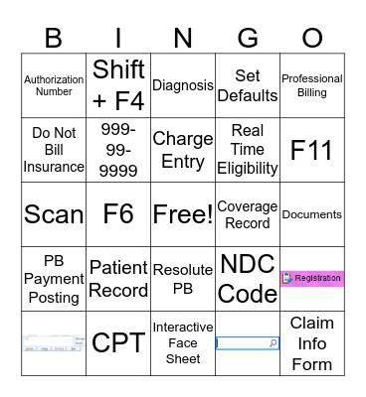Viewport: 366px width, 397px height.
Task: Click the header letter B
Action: (x=54, y=38)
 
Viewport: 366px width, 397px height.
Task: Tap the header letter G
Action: (x=248, y=38)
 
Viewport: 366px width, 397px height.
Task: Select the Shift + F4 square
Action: (x=118, y=85)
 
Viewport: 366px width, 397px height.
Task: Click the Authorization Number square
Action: (x=54, y=85)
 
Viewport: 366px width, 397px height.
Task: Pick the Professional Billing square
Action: (x=312, y=85)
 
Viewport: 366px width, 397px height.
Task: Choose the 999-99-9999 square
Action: (x=118, y=149)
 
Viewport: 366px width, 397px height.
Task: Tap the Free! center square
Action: (x=183, y=213)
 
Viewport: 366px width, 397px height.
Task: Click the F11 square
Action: (x=312, y=149)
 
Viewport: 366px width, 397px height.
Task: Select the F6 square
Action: (x=118, y=213)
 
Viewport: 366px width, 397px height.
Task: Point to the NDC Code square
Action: (x=248, y=279)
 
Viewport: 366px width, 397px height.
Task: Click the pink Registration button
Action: (x=312, y=279)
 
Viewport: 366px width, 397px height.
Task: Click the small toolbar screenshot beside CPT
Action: (x=54, y=343)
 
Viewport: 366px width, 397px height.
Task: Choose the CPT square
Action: (x=118, y=343)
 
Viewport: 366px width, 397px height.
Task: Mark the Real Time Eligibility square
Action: (x=248, y=149)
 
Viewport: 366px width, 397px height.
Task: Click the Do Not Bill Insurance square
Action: (x=54, y=149)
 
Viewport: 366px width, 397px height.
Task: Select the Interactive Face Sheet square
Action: (x=183, y=343)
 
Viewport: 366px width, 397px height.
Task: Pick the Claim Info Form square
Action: (x=312, y=343)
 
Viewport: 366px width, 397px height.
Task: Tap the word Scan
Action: (x=54, y=213)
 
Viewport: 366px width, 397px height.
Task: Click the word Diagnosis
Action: (x=183, y=85)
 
